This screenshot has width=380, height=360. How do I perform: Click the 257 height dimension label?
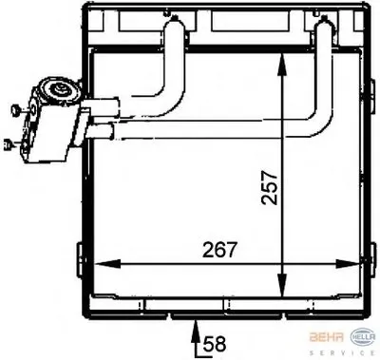tap(270, 188)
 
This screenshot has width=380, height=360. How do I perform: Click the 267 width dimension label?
tap(219, 250)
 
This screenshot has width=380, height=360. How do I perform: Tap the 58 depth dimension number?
tap(215, 344)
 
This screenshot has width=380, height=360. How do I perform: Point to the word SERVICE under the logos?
tap(342, 353)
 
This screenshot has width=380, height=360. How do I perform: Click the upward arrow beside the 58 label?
tap(196, 336)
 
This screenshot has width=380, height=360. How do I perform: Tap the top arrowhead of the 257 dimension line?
tap(281, 65)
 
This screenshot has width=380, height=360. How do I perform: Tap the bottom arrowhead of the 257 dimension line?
tap(281, 286)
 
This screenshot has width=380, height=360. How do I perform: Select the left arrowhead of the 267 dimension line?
tap(107, 264)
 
